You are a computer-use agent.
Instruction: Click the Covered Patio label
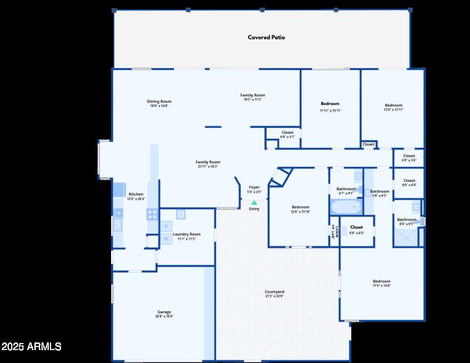point(266,38)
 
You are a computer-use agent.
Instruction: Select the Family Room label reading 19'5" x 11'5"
point(253,97)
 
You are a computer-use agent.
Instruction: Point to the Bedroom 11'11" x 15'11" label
point(330,107)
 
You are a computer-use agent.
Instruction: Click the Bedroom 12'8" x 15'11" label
point(394,107)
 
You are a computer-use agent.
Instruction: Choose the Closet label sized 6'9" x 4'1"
point(287,135)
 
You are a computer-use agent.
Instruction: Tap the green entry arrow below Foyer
point(254,202)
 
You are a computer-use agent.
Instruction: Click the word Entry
point(254,209)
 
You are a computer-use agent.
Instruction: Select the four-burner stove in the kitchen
point(152,214)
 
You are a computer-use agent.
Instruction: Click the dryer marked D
point(166,226)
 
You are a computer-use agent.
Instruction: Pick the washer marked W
point(166,238)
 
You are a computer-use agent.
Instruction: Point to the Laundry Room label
point(186,236)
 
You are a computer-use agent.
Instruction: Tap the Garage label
point(164,314)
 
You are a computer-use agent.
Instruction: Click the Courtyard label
point(274,294)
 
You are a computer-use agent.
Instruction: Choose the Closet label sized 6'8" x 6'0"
point(357,229)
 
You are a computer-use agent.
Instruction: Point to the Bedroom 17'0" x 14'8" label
point(381,283)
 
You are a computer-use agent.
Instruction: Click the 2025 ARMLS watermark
point(31,347)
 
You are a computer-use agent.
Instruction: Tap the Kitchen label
point(136,196)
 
